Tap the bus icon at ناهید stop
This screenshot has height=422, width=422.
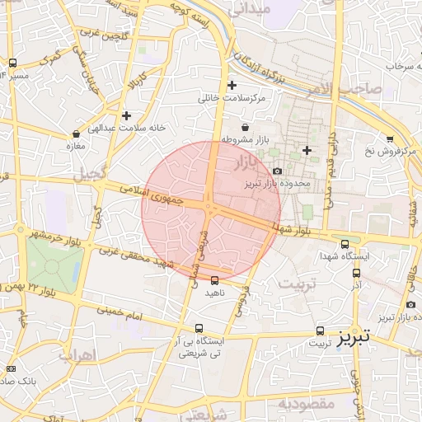pyautogui.click(x=215, y=280)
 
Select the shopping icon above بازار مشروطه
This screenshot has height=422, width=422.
pyautogui.click(x=246, y=127)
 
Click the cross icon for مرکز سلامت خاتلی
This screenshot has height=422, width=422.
pyautogui.click(x=232, y=85)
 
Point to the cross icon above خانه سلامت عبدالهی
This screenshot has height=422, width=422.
pyautogui.click(x=125, y=116)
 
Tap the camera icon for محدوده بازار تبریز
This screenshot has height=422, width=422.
pyautogui.click(x=277, y=171)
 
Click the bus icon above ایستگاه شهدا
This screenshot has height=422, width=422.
pyautogui.click(x=345, y=243)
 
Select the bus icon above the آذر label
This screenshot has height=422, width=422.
pyautogui.click(x=356, y=273)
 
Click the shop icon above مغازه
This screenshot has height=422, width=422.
pyautogui.click(x=76, y=134)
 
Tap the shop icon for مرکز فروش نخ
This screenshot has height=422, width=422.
pyautogui.click(x=389, y=138)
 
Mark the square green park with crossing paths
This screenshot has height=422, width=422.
pyautogui.click(x=54, y=262)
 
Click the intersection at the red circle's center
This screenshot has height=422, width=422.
pyautogui.click(x=211, y=210)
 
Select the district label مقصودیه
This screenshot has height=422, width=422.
pyautogui.click(x=304, y=404)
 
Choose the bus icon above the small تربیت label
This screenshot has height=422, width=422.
pyautogui.click(x=320, y=331)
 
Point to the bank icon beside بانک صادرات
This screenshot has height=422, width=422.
pyautogui.click(x=11, y=368)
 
